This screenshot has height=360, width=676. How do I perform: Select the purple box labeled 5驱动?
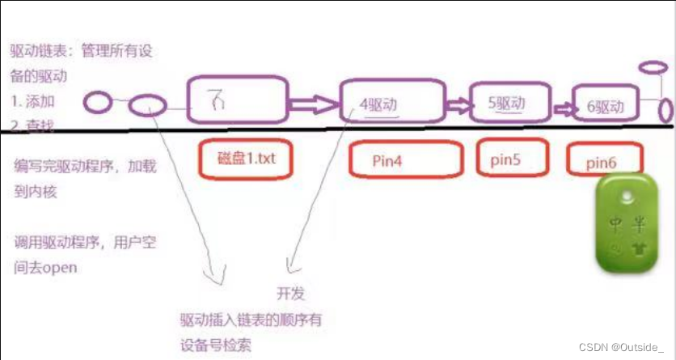(507, 104)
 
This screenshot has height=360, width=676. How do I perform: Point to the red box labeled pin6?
(605, 162)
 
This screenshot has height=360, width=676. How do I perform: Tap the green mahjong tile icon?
(627, 223)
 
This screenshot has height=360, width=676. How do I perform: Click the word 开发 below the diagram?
(291, 294)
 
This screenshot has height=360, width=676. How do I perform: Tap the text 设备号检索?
(216, 344)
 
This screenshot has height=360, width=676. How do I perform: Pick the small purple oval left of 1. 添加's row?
(99, 102)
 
